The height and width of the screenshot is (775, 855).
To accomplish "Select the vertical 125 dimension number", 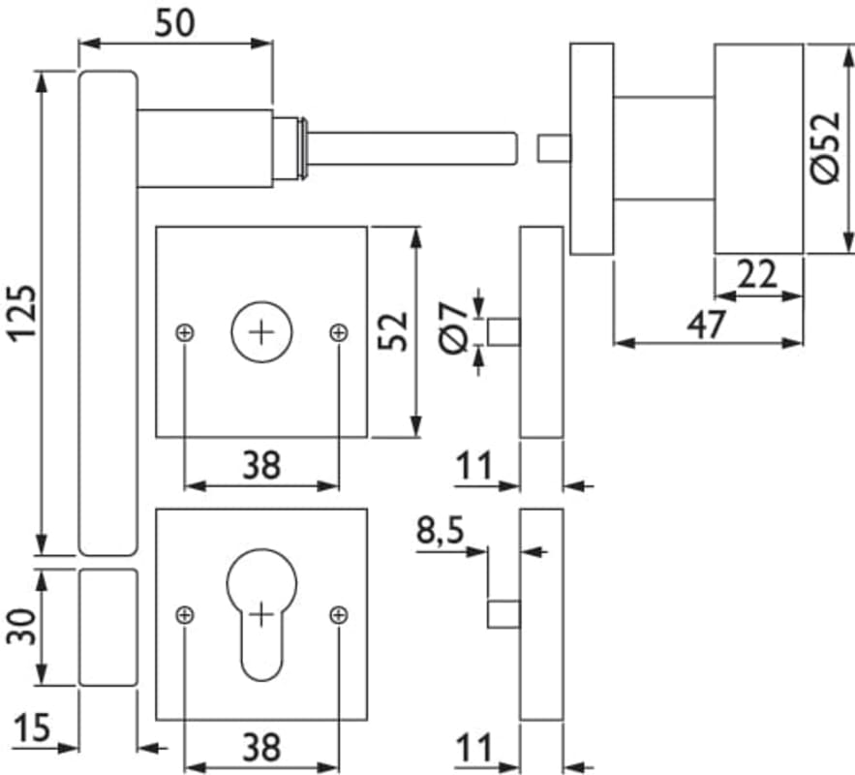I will pos(23,312).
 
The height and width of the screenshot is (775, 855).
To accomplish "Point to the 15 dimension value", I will pos(33,728).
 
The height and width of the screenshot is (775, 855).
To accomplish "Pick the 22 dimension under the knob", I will pos(757,276).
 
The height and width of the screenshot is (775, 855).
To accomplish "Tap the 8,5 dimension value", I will pos(440,532).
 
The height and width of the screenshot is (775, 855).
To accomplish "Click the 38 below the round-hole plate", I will pos(260,466).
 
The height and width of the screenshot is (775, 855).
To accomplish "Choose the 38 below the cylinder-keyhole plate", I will pos(260,747).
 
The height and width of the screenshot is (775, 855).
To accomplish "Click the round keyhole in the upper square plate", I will pos(260,332).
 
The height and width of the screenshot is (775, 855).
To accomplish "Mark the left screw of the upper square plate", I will pos(185,333).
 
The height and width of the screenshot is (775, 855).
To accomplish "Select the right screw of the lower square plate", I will pos(338,614).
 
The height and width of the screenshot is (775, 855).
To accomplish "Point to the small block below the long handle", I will pos(107,628).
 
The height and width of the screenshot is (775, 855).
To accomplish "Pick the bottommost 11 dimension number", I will pos(473,747).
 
